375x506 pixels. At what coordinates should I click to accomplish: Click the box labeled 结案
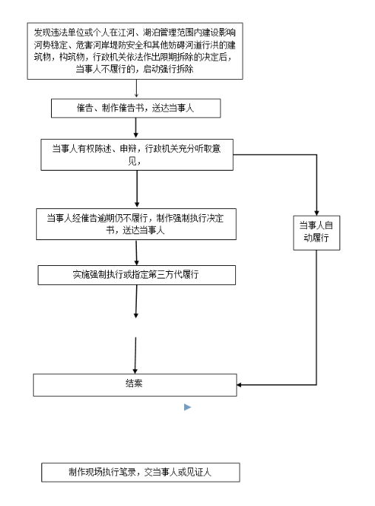click(135, 385)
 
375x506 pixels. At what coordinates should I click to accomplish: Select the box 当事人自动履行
click(317, 233)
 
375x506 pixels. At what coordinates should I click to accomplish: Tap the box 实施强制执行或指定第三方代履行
click(137, 275)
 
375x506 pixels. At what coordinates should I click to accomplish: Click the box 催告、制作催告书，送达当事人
click(136, 108)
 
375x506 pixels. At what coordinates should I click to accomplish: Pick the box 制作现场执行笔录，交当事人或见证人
click(141, 473)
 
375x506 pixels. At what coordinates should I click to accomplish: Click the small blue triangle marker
click(187, 407)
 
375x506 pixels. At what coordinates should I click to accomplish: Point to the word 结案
click(134, 383)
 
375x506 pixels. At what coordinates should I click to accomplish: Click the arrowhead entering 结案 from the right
click(239, 385)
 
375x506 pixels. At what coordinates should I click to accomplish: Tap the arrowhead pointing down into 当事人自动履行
click(317, 213)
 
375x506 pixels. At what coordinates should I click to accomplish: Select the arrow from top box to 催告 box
click(136, 89)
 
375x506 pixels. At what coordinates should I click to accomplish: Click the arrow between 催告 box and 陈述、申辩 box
click(135, 128)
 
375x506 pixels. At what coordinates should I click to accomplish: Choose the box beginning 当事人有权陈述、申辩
click(137, 154)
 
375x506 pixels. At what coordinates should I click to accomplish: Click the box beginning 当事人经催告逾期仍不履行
click(136, 225)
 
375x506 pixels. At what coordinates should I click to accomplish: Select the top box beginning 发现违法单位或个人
click(135, 51)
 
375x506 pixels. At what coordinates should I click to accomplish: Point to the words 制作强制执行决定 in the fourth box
click(190, 218)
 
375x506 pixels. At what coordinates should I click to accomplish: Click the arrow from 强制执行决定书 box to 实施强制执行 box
click(136, 253)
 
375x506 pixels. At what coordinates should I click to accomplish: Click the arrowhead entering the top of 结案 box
click(135, 372)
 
